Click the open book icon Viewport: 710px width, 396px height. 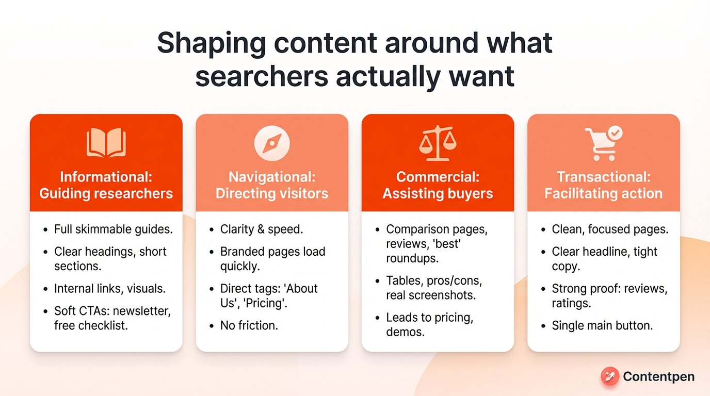(x=106, y=143)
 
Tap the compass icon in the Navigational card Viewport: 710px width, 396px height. (x=272, y=143)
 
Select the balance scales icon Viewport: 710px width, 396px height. (x=438, y=143)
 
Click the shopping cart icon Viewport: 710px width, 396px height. (x=600, y=145)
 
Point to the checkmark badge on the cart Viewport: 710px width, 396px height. (x=615, y=133)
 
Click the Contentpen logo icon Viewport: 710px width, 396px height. (x=610, y=376)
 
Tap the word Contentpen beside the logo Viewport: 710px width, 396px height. (x=658, y=377)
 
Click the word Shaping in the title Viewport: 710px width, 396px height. (x=213, y=44)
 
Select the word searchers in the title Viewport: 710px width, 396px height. (x=262, y=76)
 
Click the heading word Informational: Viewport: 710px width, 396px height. (x=106, y=177)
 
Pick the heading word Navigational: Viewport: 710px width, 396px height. (x=272, y=177)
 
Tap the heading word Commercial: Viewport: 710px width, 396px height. (x=438, y=177)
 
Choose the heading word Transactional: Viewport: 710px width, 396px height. (x=603, y=177)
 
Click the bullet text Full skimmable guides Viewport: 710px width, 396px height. (x=114, y=229)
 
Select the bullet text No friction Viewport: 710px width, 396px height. (x=249, y=325)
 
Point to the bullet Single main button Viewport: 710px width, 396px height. (x=602, y=325)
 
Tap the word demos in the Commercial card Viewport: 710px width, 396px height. (x=405, y=332)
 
